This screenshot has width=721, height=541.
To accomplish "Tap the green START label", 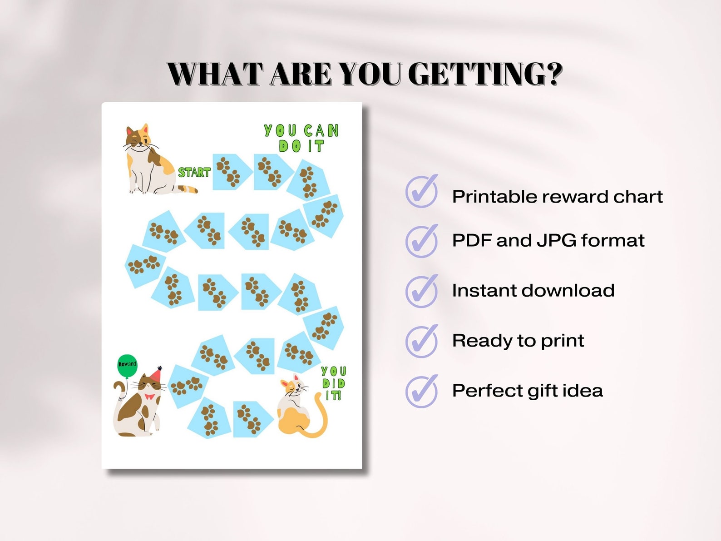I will (x=194, y=172).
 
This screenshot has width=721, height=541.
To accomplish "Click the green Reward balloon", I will (x=127, y=365).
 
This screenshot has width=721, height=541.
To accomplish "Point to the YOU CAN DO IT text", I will (x=301, y=138).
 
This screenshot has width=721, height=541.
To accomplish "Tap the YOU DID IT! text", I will (x=334, y=383).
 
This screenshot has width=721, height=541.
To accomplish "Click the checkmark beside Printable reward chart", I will (x=422, y=191).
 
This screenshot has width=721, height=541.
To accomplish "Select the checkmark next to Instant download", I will (x=422, y=291).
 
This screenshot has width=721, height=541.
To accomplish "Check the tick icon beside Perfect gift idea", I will (x=422, y=391).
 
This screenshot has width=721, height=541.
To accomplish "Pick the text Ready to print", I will (x=518, y=340).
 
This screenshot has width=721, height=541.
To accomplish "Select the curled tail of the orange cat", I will (x=321, y=420).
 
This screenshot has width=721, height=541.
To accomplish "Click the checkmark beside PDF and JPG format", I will (x=422, y=241).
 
